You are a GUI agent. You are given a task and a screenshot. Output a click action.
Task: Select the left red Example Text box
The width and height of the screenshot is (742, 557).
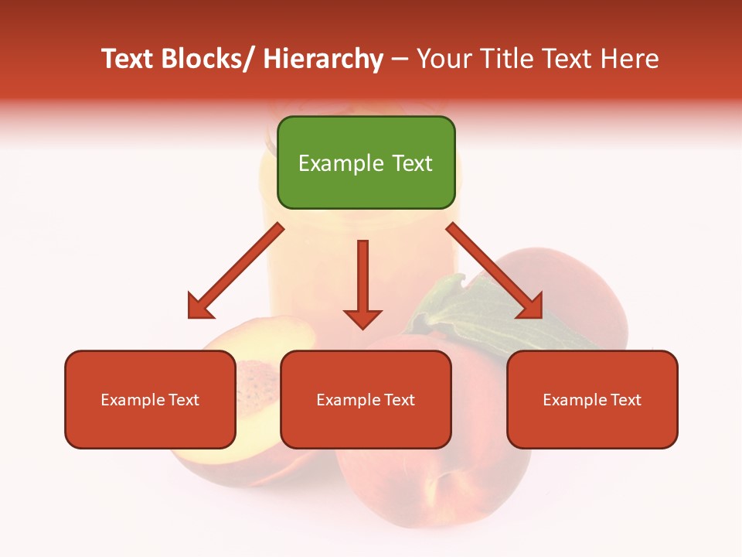150,399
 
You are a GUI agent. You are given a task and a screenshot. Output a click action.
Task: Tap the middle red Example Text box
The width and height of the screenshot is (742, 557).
366,399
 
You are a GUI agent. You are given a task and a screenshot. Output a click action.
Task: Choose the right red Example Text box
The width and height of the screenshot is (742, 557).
592,399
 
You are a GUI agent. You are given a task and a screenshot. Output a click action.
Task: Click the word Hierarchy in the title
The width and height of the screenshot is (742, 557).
323,60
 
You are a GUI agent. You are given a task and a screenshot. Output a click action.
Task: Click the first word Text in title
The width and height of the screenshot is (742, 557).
128,60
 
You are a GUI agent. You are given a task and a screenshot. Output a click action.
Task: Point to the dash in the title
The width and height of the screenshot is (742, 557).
400,60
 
